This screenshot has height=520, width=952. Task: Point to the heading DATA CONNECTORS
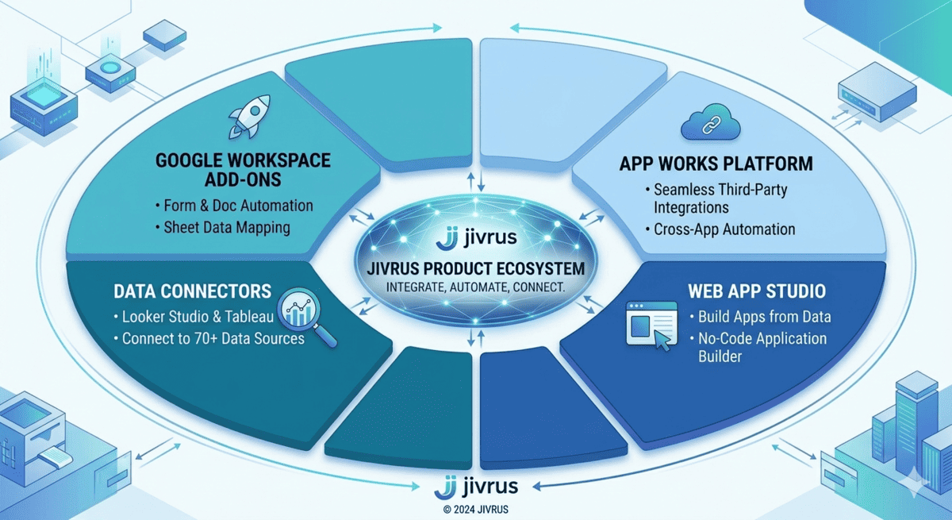click(193, 291)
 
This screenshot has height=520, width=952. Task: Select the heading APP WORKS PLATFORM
click(716, 164)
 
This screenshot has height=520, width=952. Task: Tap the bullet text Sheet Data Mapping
click(227, 228)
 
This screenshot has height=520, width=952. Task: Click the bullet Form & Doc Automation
click(238, 206)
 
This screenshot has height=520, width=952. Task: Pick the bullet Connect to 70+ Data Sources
click(213, 338)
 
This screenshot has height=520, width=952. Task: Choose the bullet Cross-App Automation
click(724, 229)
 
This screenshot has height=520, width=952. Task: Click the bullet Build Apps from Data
click(764, 317)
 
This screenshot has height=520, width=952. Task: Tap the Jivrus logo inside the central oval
click(476, 237)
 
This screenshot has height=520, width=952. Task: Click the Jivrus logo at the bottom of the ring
click(477, 485)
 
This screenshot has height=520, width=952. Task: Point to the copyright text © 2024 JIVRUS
click(476, 509)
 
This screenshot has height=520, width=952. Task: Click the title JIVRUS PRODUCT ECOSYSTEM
click(476, 268)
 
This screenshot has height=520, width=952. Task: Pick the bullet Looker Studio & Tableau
click(198, 318)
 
